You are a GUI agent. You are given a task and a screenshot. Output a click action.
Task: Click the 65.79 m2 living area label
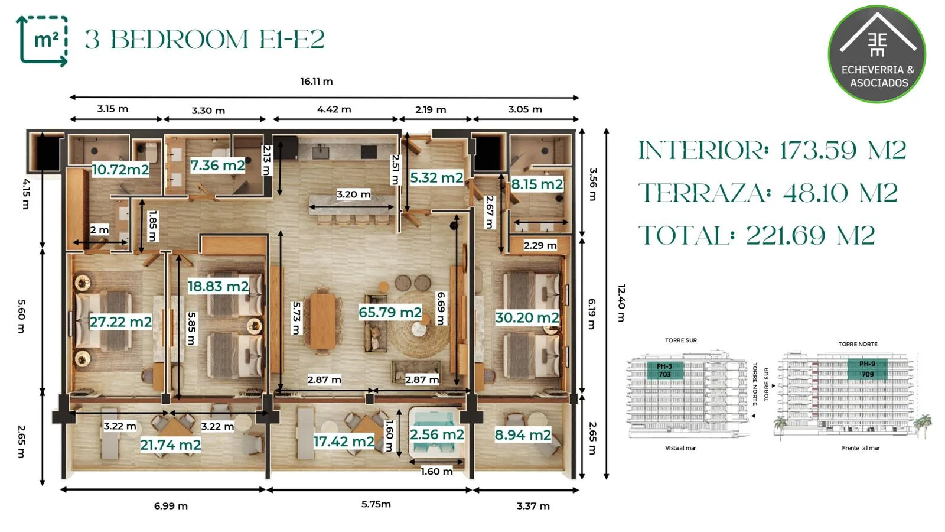pos(390,313)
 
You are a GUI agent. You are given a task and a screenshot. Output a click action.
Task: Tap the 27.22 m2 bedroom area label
pos(120,322)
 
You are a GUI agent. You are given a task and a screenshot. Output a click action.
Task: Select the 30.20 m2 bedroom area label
pos(527,317)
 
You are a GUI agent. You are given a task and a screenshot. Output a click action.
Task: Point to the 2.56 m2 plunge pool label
pos(437,434)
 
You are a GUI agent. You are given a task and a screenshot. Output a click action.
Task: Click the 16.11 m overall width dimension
pos(317,82)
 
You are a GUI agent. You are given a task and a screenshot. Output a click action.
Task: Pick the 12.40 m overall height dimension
pos(621,303)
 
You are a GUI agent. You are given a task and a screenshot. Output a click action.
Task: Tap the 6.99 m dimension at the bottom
pos(171,506)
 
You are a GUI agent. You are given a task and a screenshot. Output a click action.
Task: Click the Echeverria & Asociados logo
pos(878,54)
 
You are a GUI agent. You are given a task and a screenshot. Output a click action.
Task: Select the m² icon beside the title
pos(42,41)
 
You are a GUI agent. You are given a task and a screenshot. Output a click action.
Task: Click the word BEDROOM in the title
pos(180,40)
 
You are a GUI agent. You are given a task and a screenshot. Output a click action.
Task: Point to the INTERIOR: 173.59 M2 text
pos(772,150)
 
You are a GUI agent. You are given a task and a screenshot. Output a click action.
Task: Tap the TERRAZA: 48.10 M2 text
pos(768,193)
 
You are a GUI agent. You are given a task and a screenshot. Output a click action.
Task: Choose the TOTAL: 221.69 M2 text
pos(757,235)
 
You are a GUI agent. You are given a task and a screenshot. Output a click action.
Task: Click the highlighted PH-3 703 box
pos(665,370)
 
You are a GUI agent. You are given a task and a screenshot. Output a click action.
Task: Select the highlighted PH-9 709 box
pos(868,369)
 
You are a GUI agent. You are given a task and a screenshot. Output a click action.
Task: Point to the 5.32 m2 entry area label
pos(436,178)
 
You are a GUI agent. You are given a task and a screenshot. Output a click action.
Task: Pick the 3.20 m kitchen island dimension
pos(353,194)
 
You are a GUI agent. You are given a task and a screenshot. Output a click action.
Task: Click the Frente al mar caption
pos(861,448)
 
